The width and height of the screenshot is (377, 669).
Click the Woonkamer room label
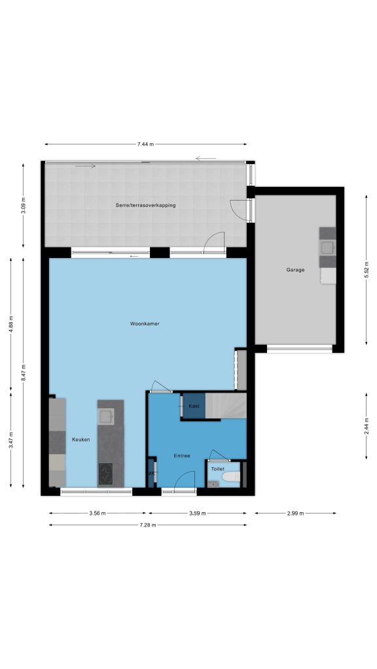145,324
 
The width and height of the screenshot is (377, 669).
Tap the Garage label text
295,270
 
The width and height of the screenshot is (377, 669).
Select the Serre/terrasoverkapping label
145,205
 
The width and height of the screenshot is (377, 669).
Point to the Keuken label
81,440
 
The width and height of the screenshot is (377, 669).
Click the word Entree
182,455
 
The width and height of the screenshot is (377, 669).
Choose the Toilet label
217,469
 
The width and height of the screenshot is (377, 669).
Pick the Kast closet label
194,406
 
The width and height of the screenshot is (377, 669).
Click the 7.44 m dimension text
145,144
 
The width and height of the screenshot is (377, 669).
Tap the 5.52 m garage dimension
367,270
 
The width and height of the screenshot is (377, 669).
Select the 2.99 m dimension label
295,514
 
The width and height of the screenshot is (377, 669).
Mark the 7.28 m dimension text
148,525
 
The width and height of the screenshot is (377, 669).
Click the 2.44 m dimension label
367,426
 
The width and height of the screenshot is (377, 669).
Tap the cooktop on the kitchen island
105,473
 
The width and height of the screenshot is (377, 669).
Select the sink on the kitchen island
105,416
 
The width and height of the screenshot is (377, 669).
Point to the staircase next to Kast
226,406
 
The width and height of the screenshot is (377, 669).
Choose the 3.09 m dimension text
23,205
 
